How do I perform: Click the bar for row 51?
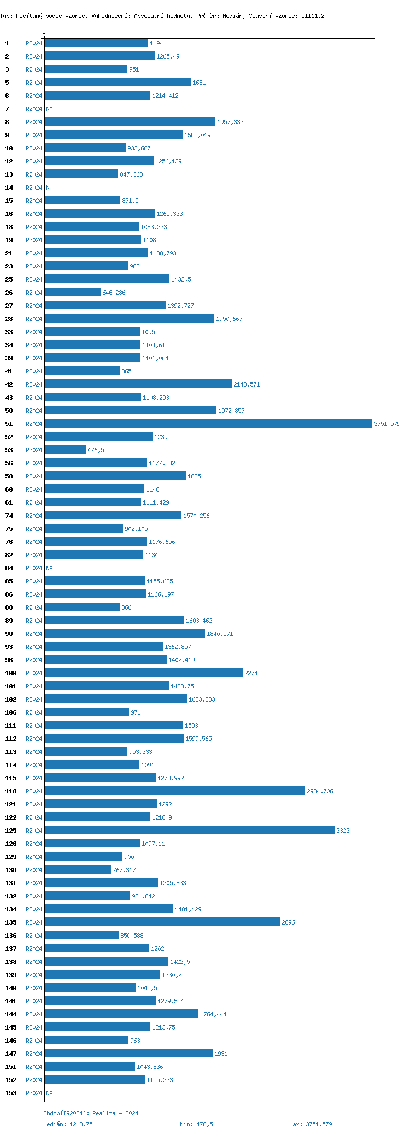click(x=208, y=423)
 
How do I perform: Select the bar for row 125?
click(x=189, y=830)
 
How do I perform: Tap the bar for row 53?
click(x=65, y=449)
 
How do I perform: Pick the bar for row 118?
click(x=174, y=791)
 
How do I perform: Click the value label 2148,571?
click(x=247, y=384)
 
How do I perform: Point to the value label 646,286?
click(x=114, y=293)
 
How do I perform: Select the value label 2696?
click(x=288, y=922)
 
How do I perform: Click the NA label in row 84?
click(x=49, y=568)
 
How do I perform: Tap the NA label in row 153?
click(x=49, y=1093)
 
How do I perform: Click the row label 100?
click(x=11, y=673)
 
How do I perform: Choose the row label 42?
click(x=9, y=384)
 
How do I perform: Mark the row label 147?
click(x=11, y=1054)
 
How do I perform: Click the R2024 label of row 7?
click(x=34, y=109)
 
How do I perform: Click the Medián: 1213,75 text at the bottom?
click(x=68, y=1124)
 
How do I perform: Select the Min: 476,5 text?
click(x=196, y=1124)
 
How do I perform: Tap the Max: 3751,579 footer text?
click(x=311, y=1124)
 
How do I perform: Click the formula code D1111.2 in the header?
click(x=313, y=16)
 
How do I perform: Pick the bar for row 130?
click(x=78, y=869)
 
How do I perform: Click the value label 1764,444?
click(x=213, y=1014)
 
